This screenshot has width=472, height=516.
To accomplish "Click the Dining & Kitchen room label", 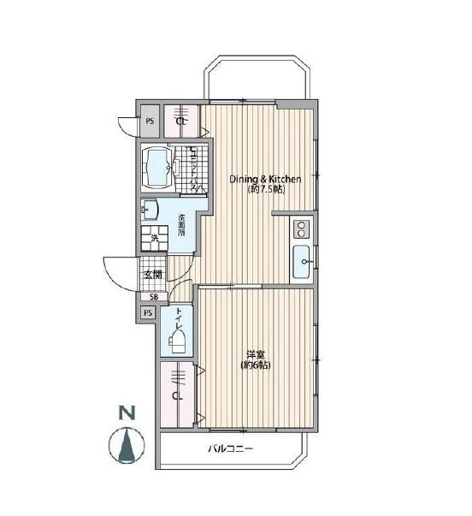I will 265,179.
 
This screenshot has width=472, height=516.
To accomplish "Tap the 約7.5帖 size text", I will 265,190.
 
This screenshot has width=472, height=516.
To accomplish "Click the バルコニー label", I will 230,450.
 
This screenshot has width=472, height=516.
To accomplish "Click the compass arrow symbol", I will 127,445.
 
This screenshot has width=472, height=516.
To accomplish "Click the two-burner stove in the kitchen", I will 303,228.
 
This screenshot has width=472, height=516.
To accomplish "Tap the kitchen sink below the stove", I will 303,260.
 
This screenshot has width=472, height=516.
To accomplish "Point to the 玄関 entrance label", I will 152,275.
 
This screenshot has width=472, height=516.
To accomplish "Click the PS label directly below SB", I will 148,312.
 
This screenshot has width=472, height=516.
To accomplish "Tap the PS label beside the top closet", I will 150,122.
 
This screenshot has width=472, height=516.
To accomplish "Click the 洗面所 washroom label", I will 182,224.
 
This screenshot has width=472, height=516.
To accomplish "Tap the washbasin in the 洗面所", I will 151,209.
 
